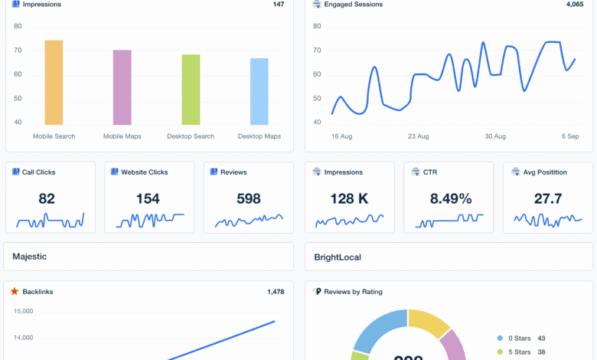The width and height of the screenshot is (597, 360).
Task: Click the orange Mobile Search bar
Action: (x=54, y=83)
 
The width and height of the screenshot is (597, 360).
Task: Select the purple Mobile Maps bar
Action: (x=122, y=87)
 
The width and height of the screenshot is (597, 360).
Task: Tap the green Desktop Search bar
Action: (x=191, y=90)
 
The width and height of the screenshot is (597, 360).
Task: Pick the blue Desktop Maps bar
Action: (x=259, y=91)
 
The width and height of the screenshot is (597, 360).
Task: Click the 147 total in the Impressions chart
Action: (x=278, y=5)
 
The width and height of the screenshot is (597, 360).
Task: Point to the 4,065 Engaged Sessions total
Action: (x=575, y=5)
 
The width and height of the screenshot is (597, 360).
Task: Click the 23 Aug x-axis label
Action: (x=418, y=136)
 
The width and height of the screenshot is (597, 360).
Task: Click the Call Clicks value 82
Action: (x=47, y=199)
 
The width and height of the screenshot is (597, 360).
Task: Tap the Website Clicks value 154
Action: (x=148, y=199)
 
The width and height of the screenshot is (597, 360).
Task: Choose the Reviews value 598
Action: (x=249, y=199)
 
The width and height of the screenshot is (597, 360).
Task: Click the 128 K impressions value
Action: (x=350, y=199)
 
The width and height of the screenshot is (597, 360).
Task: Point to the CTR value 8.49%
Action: (x=451, y=199)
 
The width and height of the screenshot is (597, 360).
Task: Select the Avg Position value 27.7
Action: (x=548, y=199)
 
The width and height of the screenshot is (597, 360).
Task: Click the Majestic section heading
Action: (x=30, y=257)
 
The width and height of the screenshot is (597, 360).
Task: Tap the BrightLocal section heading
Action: (x=338, y=257)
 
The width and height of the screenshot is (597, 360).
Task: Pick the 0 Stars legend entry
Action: (x=519, y=338)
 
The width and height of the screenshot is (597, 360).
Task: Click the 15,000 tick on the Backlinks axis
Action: (x=24, y=311)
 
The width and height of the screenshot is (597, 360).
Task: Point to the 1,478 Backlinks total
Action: (x=276, y=292)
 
